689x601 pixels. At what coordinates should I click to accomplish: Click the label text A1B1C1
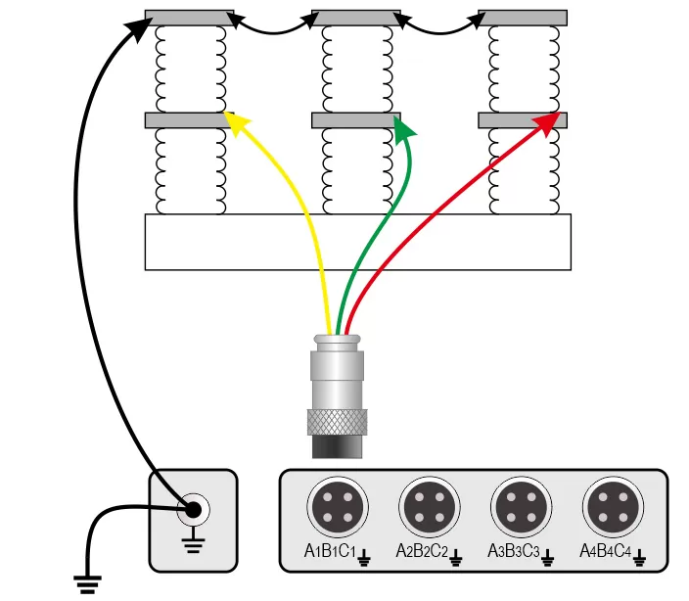tap(329, 553)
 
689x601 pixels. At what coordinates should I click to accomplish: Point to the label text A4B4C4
tap(605, 553)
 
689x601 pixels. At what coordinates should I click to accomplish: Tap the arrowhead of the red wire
tap(550, 120)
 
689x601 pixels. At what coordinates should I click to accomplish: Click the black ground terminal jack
tap(193, 509)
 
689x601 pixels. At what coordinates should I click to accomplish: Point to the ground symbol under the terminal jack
tap(193, 541)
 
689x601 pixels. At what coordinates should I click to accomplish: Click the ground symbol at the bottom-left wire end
tap(89, 584)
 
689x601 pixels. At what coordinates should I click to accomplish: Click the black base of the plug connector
tap(337, 446)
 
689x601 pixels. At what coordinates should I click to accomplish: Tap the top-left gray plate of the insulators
tap(189, 18)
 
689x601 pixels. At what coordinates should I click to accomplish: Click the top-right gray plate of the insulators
tap(522, 18)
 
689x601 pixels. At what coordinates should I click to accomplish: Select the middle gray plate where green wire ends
tap(354, 120)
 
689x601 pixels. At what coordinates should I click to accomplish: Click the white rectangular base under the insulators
tap(357, 242)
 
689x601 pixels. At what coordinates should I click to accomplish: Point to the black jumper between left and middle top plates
tap(272, 27)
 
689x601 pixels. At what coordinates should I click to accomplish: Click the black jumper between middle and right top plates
tap(438, 27)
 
